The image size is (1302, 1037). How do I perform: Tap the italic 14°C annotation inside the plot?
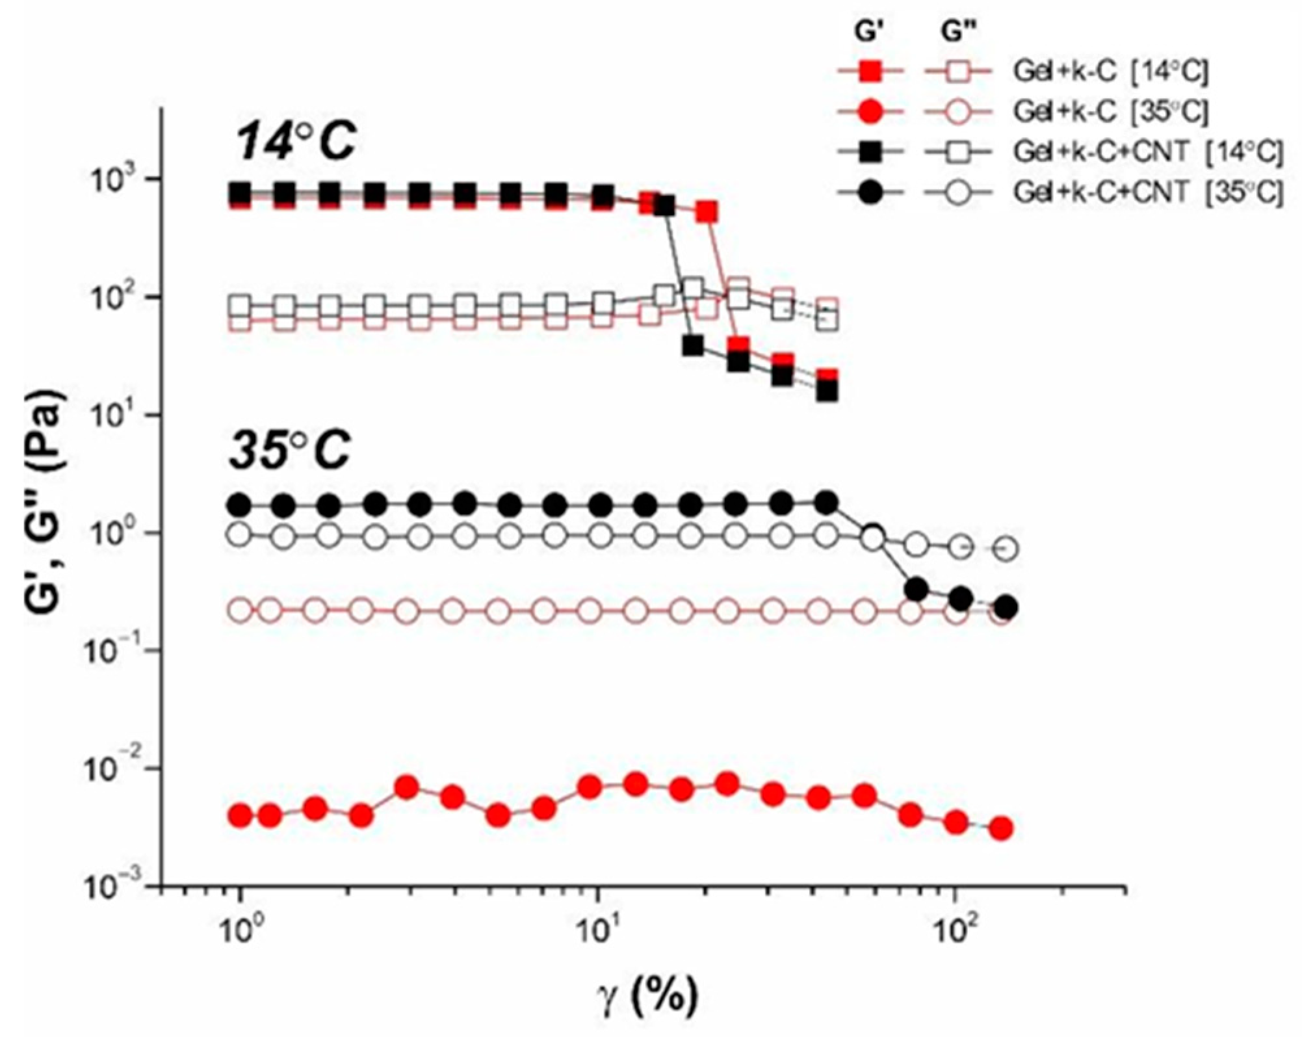click(296, 141)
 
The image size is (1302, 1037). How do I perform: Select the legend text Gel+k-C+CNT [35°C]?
click(1148, 192)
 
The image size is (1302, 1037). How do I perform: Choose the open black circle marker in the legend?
click(958, 193)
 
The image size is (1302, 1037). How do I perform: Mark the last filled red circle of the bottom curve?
click(1002, 828)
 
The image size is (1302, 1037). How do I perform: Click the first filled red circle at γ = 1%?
click(241, 815)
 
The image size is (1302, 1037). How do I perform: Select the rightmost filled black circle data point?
click(1006, 608)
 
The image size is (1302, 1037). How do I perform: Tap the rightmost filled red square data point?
click(827, 378)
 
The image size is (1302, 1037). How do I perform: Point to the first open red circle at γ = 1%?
click(241, 610)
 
